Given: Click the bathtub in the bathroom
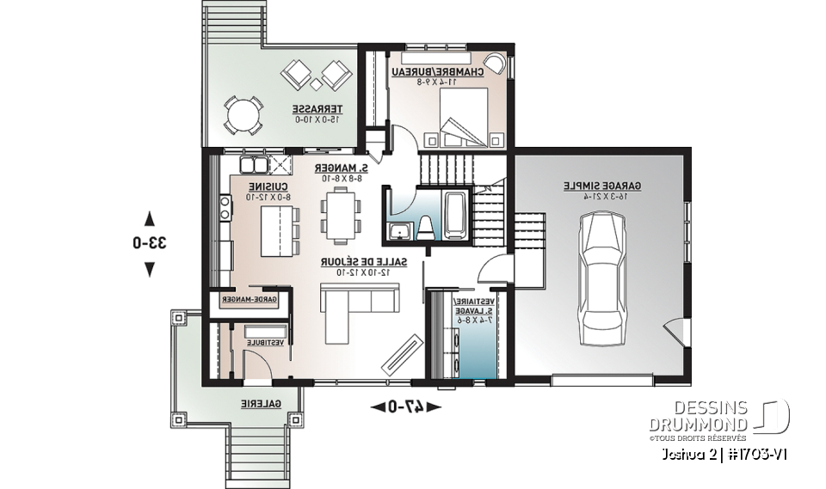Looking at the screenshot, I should pyautogui.click(x=455, y=214).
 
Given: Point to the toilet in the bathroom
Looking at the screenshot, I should pyautogui.click(x=426, y=227).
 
